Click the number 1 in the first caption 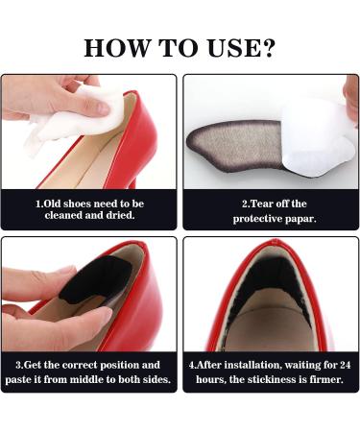[38, 204]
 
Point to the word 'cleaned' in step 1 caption [68, 217]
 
